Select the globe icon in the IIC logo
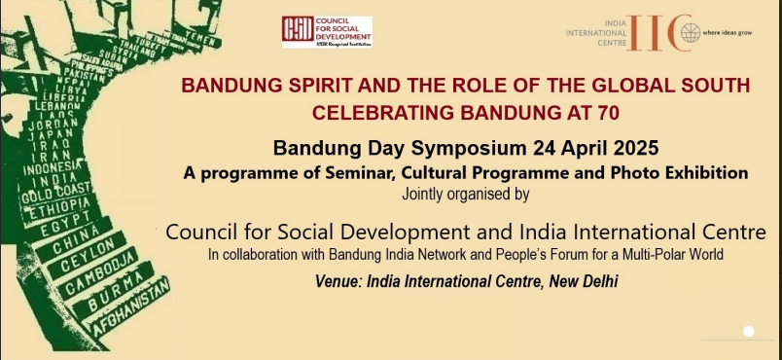[690, 33]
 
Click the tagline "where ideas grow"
[730, 33]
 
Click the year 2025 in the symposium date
[633, 149]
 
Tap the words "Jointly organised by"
[465, 194]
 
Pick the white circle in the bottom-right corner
[748, 332]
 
